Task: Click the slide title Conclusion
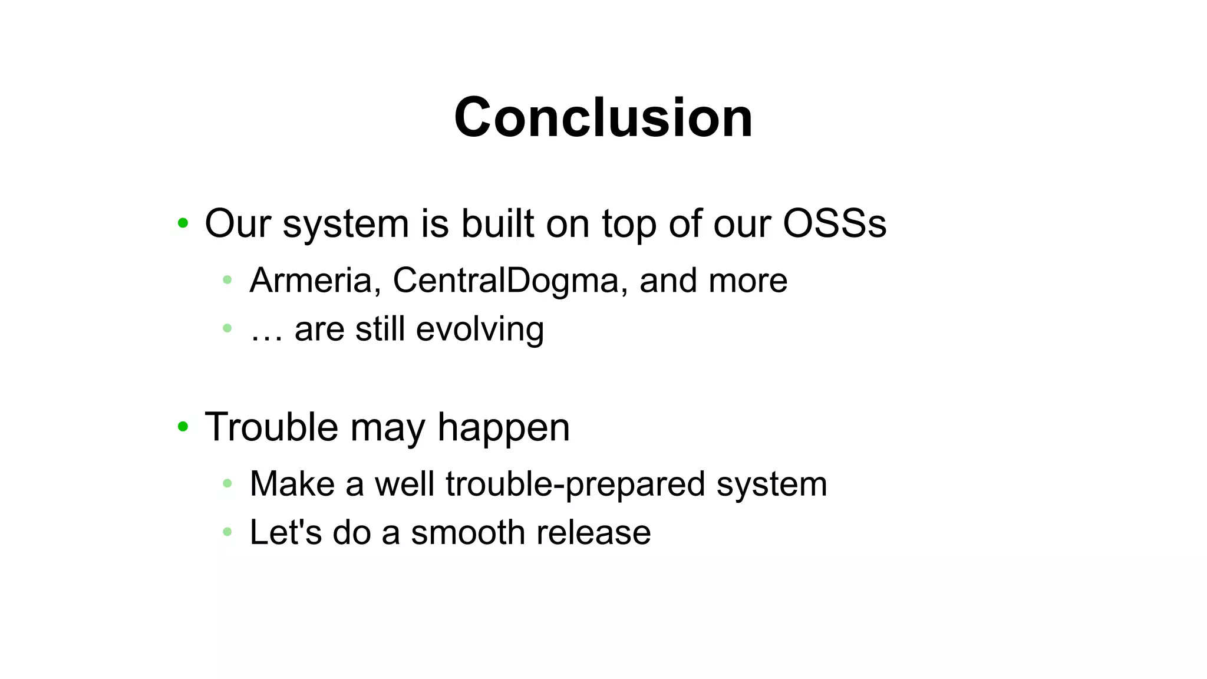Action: [x=603, y=118]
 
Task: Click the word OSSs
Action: [x=834, y=224]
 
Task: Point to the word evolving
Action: [x=480, y=329]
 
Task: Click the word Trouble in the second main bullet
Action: [x=271, y=427]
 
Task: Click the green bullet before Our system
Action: [x=183, y=223]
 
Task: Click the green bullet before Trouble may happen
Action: [x=183, y=426]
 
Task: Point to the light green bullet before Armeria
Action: [x=227, y=280]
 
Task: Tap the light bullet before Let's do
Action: [x=227, y=532]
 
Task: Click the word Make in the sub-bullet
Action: [x=292, y=484]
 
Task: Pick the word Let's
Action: [x=286, y=533]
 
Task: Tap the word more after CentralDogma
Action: [x=748, y=281]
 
